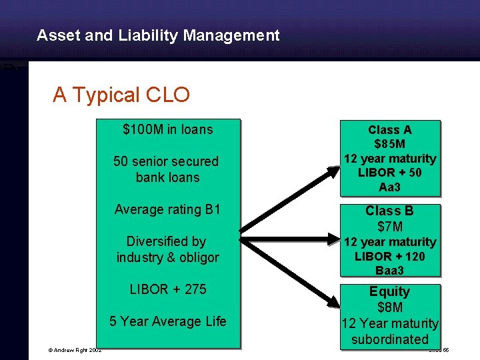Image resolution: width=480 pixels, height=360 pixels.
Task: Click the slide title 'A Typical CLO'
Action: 121,95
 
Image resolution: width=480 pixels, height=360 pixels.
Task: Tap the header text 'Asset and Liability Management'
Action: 158,35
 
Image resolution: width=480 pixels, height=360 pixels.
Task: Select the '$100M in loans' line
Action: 168,129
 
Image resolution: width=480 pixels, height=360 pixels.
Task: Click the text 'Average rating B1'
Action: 167,209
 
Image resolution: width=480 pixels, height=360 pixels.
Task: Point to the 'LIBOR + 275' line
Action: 168,289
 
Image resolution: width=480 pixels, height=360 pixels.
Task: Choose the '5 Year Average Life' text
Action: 168,321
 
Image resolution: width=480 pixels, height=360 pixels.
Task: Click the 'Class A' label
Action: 390,131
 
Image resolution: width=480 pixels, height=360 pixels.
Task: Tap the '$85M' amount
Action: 390,145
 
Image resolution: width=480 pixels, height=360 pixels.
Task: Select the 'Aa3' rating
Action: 390,187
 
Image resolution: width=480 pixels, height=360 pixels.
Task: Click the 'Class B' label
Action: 390,211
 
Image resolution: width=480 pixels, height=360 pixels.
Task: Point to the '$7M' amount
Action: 390,227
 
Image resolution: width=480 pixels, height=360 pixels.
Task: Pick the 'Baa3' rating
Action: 390,271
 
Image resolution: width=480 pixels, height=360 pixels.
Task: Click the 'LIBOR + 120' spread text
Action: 390,256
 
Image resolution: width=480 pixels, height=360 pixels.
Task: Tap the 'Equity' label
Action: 390,291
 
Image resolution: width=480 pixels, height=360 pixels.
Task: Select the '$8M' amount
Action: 390,307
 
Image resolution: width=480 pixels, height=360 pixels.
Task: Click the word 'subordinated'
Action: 390,339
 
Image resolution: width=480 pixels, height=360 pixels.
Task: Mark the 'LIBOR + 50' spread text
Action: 390,173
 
